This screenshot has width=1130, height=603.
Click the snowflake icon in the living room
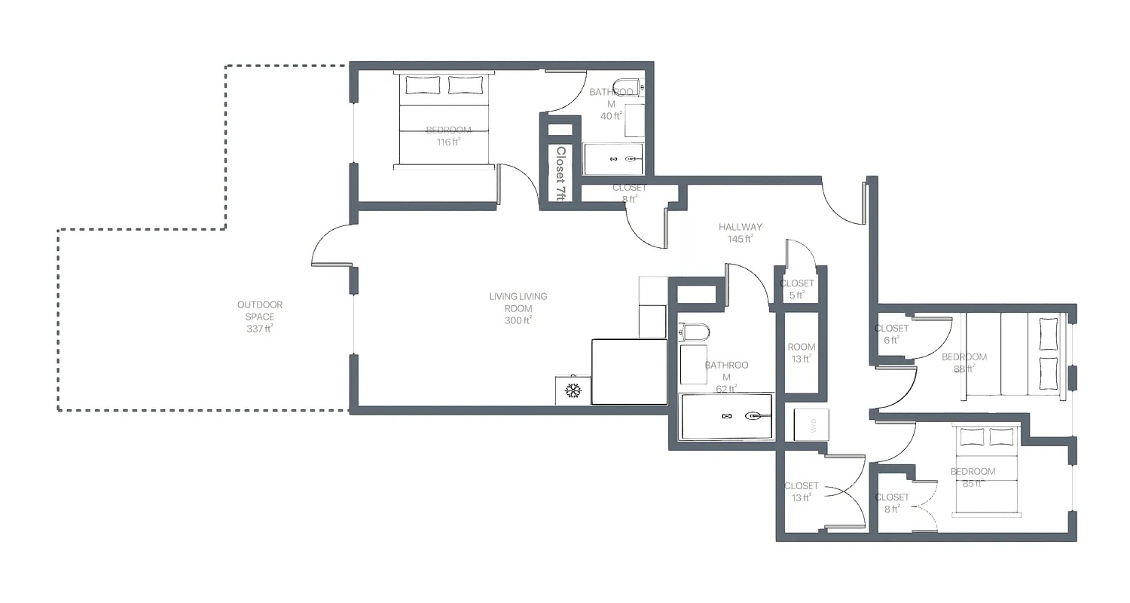click(x=573, y=390)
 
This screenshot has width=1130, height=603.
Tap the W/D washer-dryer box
click(x=811, y=426)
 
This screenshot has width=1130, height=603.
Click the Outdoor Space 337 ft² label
click(x=260, y=317)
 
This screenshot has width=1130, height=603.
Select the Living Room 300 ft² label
click(x=518, y=308)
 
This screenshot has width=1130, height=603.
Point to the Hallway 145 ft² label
click(x=740, y=233)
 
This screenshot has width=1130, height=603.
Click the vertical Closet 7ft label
click(x=560, y=172)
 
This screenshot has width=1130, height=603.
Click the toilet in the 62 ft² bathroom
click(x=695, y=332)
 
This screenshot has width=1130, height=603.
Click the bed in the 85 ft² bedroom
click(x=986, y=471)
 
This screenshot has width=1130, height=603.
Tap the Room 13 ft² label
click(x=802, y=353)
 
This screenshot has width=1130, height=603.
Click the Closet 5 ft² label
click(x=797, y=289)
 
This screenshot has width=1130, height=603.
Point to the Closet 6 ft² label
click(x=891, y=334)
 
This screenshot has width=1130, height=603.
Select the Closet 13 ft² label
click(x=801, y=492)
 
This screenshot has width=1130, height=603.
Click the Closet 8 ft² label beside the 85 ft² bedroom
click(x=892, y=503)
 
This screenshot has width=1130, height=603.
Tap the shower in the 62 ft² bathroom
click(x=727, y=416)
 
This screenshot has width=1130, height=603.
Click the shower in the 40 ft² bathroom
click(x=613, y=159)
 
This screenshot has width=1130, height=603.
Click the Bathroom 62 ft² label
click(x=726, y=377)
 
